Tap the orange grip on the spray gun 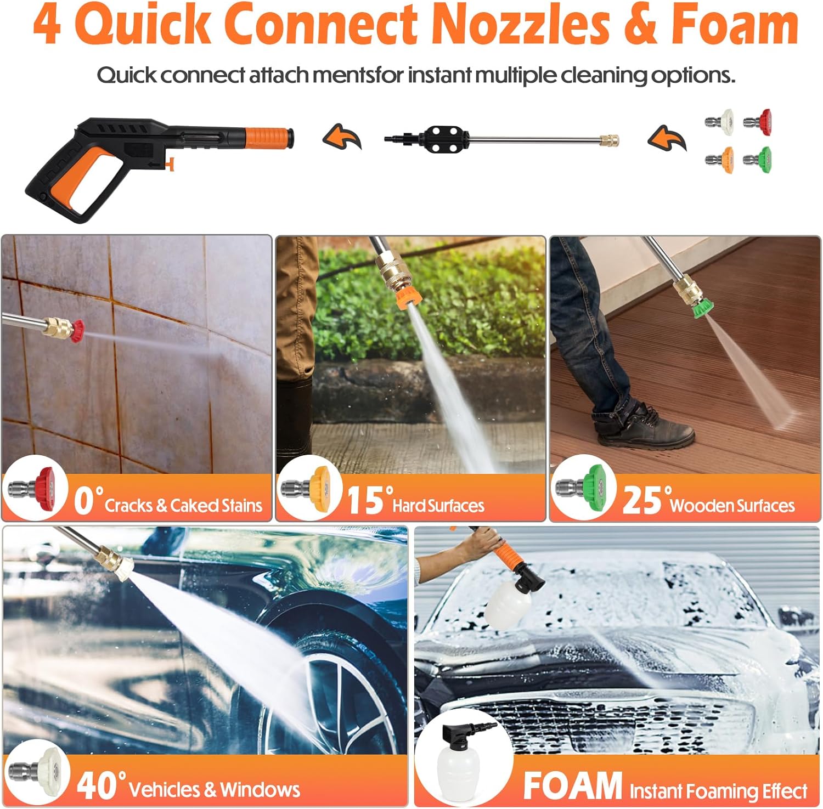click(x=266, y=135)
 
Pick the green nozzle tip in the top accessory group click(x=758, y=159)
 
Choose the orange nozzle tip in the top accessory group click(x=719, y=159)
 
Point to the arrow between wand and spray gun click(x=343, y=137)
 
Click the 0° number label click(x=88, y=500)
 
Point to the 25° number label click(x=645, y=500)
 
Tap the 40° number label click(x=101, y=785)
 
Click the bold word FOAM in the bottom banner click(x=572, y=786)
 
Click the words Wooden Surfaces click(x=732, y=505)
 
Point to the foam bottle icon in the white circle click(x=461, y=760)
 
